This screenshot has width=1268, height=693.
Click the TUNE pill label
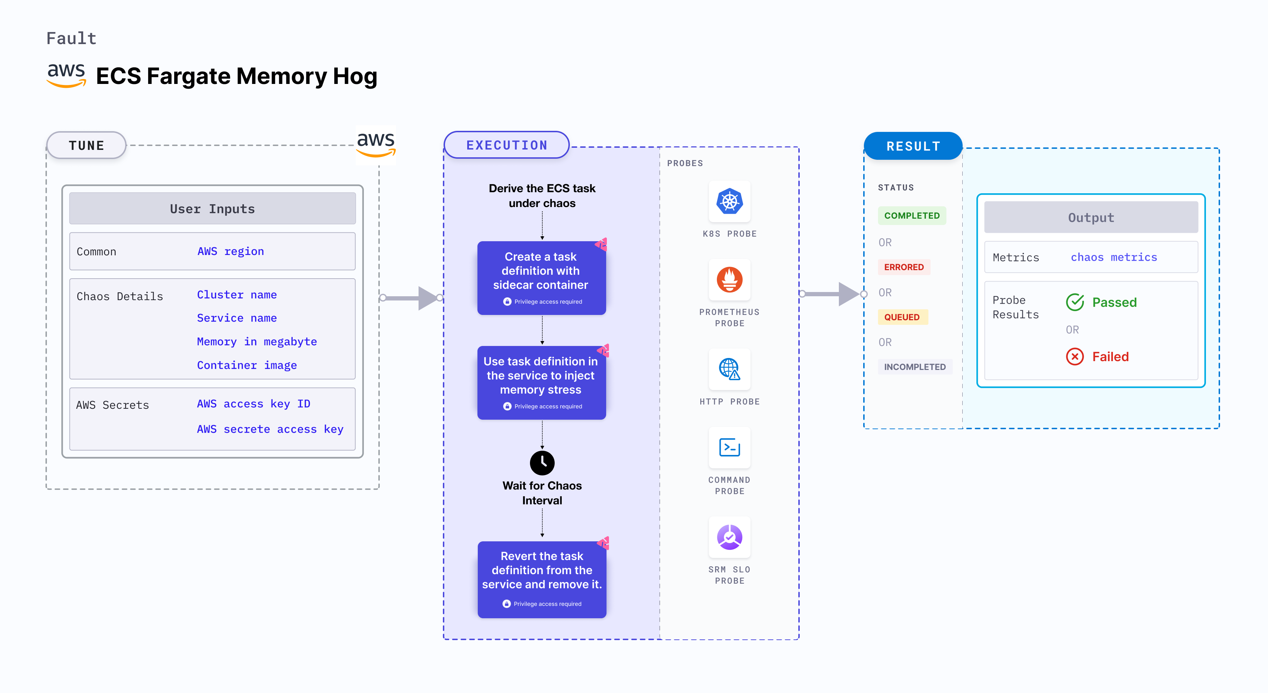click(x=87, y=146)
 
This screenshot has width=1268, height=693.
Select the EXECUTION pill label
click(x=506, y=145)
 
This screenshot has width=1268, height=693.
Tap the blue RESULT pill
click(x=913, y=146)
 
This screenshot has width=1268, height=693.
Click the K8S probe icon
click(x=730, y=201)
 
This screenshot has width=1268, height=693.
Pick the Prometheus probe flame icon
click(x=730, y=280)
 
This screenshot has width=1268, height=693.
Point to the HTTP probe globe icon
click(x=730, y=369)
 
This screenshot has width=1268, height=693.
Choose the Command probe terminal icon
click(x=730, y=448)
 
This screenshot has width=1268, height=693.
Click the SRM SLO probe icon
click(x=730, y=537)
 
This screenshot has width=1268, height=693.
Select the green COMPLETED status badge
click(x=912, y=215)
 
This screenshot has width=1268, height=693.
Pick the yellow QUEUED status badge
click(x=902, y=317)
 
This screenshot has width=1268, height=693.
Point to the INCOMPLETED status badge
click(x=915, y=367)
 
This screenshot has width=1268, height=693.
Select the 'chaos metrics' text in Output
click(x=1114, y=257)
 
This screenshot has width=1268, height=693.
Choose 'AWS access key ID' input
click(x=254, y=404)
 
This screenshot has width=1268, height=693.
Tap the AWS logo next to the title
click(x=66, y=75)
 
